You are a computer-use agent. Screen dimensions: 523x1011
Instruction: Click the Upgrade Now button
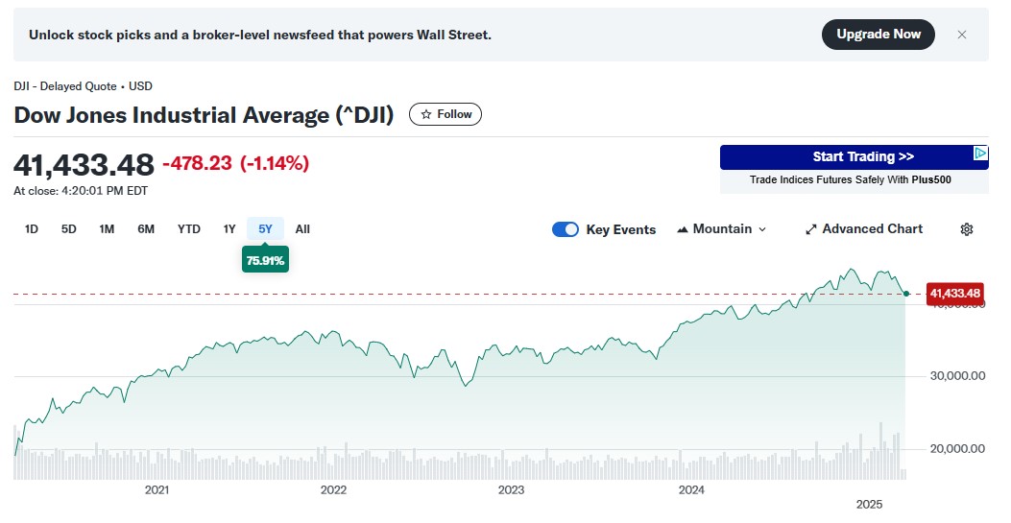[878, 35]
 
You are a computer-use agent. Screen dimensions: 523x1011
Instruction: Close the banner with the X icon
[962, 35]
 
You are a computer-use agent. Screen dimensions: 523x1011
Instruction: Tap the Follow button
[445, 114]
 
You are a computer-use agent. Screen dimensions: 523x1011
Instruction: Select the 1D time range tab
[32, 229]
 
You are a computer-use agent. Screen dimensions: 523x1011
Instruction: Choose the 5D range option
[69, 229]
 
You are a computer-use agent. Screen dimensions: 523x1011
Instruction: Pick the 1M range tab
[107, 229]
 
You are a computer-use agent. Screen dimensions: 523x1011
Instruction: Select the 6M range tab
[146, 229]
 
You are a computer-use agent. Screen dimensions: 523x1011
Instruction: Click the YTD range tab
[189, 229]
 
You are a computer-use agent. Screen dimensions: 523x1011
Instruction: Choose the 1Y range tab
[229, 229]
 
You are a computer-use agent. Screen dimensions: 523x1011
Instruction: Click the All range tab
[302, 229]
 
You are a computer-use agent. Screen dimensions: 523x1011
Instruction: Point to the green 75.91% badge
[265, 260]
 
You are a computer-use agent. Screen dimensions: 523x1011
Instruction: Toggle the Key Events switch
[566, 229]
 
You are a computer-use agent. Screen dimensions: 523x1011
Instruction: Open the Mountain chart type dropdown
[722, 229]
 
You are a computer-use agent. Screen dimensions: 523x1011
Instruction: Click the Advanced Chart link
[863, 229]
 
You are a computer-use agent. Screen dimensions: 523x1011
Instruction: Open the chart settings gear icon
[967, 229]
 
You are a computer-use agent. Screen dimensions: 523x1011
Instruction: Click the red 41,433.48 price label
[955, 294]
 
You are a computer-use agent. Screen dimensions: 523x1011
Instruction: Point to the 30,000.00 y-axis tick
[957, 376]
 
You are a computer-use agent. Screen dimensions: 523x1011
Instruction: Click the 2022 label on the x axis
[333, 490]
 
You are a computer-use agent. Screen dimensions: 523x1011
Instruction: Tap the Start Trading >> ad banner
[854, 157]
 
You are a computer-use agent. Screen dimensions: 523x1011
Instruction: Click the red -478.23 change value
[197, 164]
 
